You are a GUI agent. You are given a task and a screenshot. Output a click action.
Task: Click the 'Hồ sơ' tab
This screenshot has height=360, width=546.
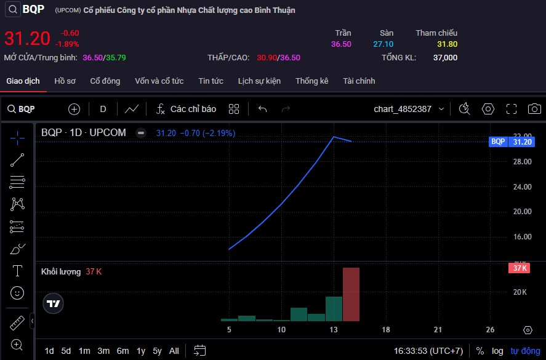click(x=65, y=81)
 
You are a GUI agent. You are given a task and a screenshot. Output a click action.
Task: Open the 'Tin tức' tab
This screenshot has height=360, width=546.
click(x=211, y=81)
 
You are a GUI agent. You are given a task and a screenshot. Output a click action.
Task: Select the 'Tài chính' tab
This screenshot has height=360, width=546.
click(x=359, y=81)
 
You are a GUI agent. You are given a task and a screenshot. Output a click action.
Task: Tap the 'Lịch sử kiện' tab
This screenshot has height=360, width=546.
click(x=259, y=81)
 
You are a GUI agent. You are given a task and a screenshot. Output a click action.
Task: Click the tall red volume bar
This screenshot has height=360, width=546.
click(x=351, y=294)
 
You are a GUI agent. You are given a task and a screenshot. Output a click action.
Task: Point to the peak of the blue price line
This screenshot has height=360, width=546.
click(x=334, y=137)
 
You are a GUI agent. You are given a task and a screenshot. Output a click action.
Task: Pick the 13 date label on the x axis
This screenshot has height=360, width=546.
click(x=334, y=330)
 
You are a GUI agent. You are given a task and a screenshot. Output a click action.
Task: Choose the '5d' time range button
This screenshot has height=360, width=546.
click(x=66, y=351)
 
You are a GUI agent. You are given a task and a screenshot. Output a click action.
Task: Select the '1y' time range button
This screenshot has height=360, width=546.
click(x=141, y=351)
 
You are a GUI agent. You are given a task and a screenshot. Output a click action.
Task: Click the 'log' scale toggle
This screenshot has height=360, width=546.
click(x=497, y=351)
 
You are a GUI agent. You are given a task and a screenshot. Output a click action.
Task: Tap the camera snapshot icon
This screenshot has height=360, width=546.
click(x=534, y=109)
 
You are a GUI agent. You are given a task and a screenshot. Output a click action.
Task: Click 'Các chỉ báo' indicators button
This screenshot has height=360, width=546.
click(x=187, y=109)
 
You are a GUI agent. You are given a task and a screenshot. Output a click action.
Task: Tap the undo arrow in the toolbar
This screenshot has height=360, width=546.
click(x=263, y=109)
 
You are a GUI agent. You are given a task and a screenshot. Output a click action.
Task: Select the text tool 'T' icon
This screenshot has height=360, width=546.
click(x=17, y=271)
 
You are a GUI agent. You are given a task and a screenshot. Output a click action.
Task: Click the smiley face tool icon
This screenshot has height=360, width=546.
click(x=17, y=292)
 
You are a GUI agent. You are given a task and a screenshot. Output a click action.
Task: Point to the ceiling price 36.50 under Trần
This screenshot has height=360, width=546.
click(x=341, y=44)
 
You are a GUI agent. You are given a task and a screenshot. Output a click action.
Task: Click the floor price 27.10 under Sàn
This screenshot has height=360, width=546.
click(x=383, y=44)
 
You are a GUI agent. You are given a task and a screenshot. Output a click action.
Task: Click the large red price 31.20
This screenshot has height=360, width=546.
click(x=27, y=39)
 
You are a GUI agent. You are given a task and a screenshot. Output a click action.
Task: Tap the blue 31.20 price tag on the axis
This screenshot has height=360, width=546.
click(x=522, y=142)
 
